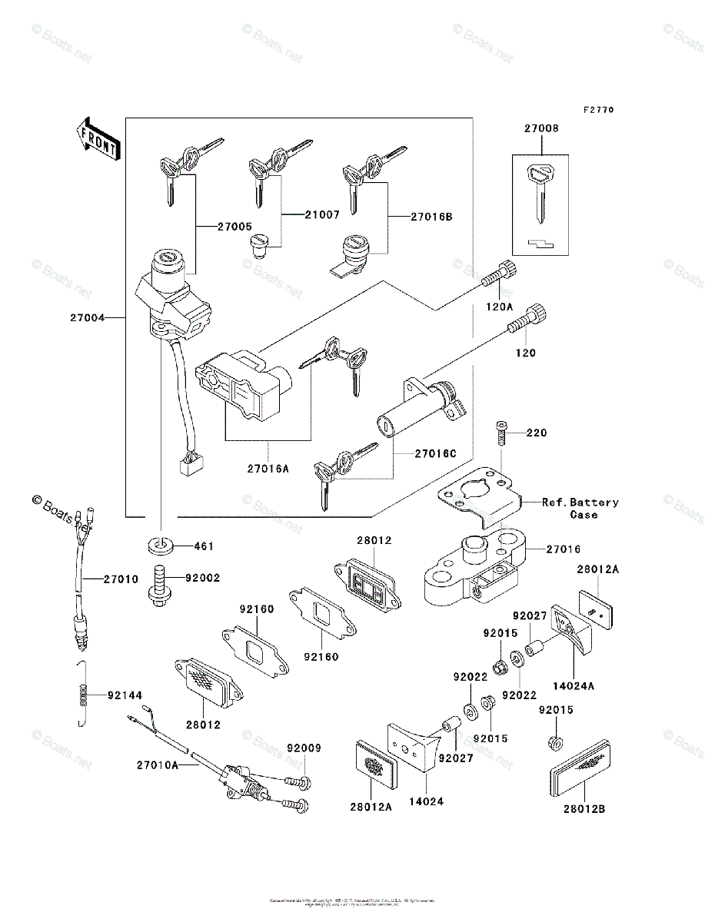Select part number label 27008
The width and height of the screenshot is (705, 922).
(541, 129)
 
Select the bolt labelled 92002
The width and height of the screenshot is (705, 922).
(160, 585)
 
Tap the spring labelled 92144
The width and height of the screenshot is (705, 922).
(85, 695)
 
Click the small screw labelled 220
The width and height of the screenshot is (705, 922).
(501, 435)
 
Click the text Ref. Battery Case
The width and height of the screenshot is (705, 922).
(580, 508)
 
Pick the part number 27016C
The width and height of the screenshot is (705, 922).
(435, 453)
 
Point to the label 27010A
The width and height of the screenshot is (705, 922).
(158, 764)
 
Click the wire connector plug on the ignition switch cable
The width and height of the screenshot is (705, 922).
(188, 463)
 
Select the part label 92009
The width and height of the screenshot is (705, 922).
(304, 748)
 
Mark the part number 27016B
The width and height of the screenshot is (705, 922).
(431, 217)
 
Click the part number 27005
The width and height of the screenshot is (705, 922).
(234, 227)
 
